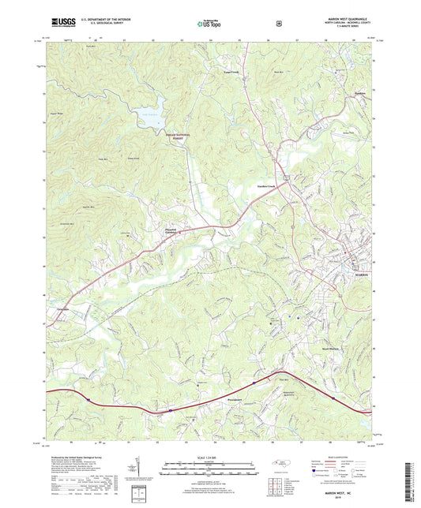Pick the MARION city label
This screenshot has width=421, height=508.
point(362,275)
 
